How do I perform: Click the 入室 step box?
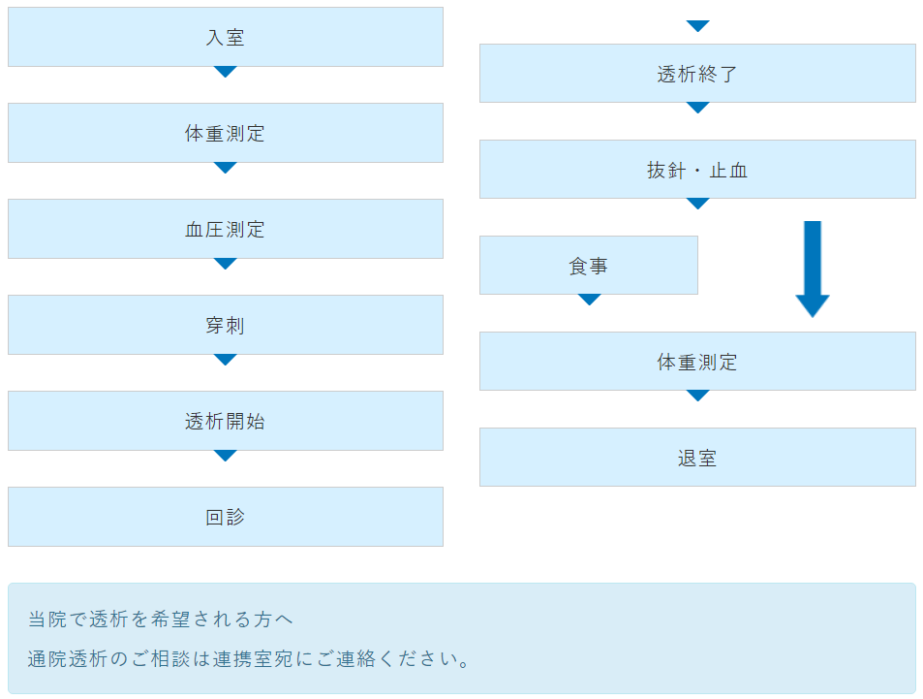225,38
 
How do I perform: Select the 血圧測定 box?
225,230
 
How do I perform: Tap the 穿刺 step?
225,326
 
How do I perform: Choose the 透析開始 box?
225,422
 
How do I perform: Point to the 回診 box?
225,518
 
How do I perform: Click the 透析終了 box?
697,74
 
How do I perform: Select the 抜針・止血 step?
697,170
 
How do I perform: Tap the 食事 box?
588,266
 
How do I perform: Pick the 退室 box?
697,458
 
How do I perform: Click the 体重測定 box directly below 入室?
225,134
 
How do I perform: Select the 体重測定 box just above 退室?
697,362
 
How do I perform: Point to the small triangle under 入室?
226,72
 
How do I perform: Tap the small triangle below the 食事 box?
589,300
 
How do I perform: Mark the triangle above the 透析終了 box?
698,26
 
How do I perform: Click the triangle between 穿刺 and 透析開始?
226,360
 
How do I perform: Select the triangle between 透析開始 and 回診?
226,456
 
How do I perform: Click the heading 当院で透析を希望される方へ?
160,619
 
